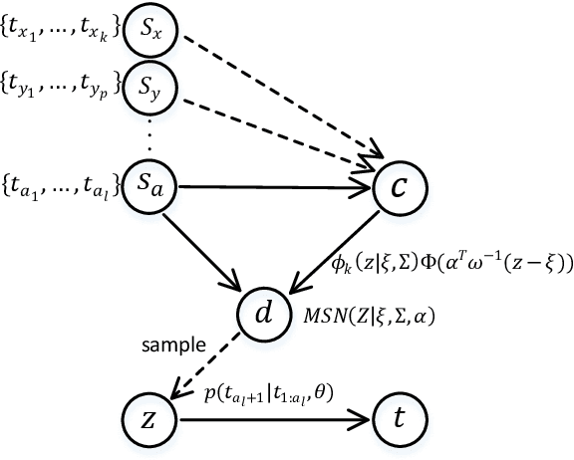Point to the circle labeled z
pos(145,418)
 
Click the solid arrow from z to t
pos(269,419)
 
